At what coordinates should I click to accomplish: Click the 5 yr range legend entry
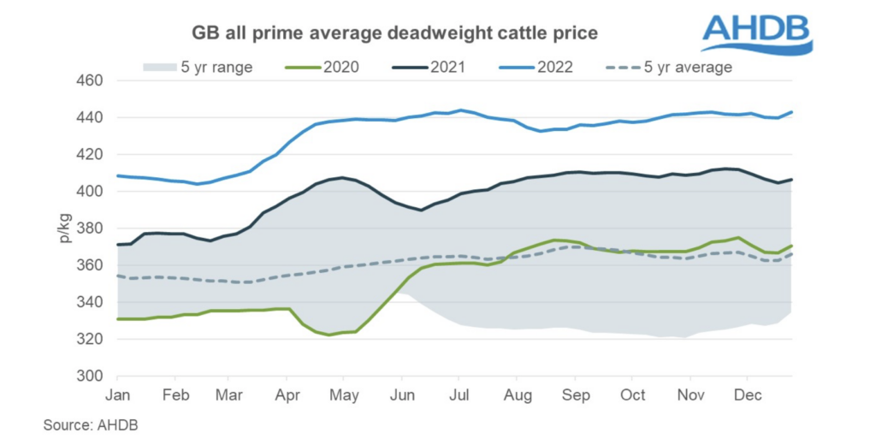click(196, 67)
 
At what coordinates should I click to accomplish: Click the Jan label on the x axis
click(117, 395)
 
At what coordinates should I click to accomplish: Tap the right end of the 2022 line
click(792, 112)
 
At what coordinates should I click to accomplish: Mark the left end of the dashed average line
click(117, 276)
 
